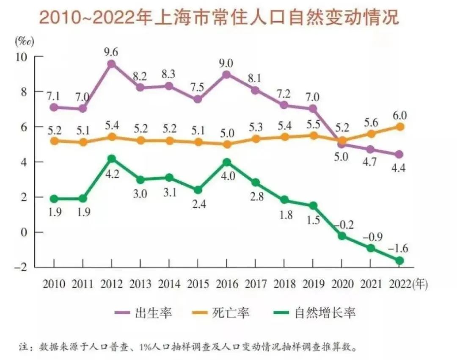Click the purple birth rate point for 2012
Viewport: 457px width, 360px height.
click(x=111, y=64)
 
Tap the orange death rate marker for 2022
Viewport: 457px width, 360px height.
click(x=399, y=127)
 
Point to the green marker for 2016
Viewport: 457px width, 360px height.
click(x=227, y=162)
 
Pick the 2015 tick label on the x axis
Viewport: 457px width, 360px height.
click(x=198, y=284)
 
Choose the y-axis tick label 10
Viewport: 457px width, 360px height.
click(x=22, y=57)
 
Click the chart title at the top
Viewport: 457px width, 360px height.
click(x=219, y=18)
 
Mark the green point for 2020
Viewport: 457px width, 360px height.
click(x=342, y=236)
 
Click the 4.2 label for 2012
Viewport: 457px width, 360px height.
click(x=111, y=173)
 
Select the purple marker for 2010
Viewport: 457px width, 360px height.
click(x=54, y=108)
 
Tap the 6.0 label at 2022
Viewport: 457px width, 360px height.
click(x=399, y=114)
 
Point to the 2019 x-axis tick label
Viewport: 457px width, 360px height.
click(x=313, y=284)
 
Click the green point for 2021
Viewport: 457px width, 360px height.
click(x=371, y=248)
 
